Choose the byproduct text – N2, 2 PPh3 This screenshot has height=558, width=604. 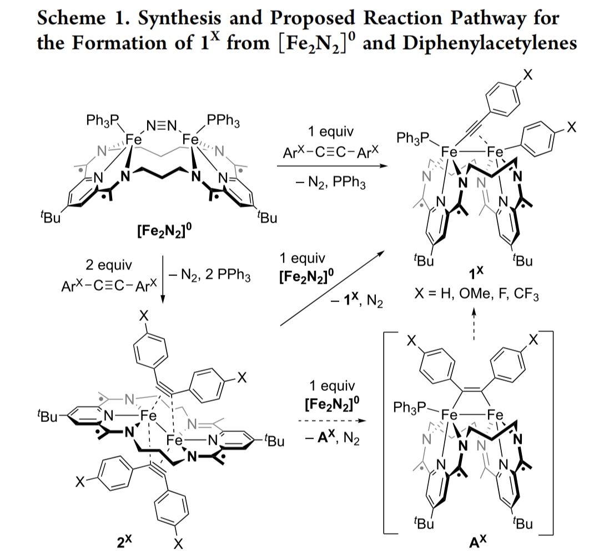tap(208, 274)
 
